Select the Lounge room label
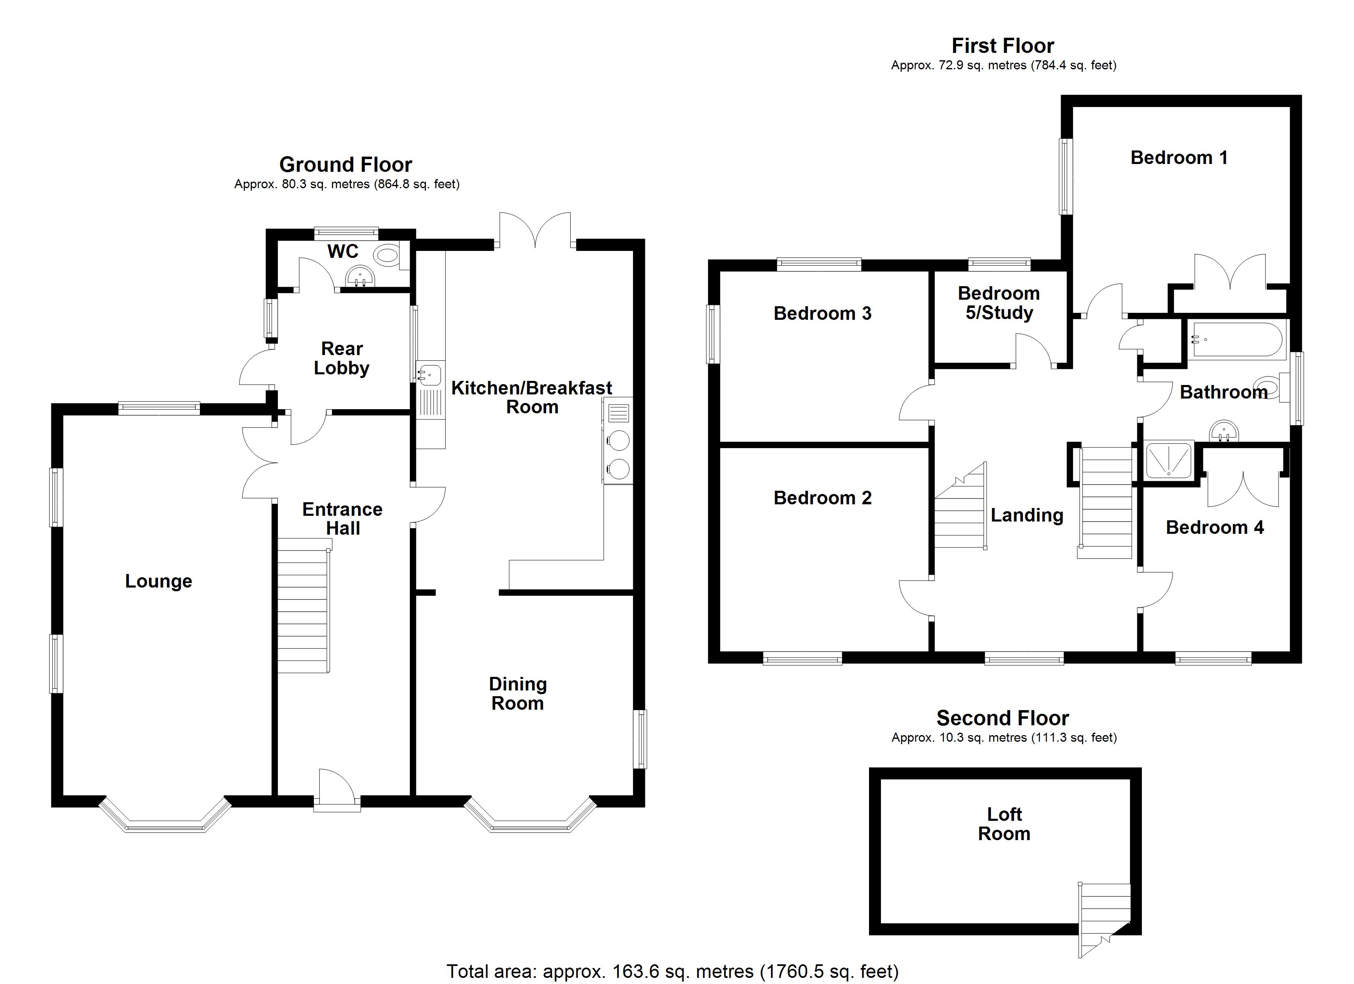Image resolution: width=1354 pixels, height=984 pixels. [x=158, y=581]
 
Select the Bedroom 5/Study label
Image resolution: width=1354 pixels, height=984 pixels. [x=999, y=303]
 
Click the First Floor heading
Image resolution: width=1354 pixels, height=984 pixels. [x=1002, y=46]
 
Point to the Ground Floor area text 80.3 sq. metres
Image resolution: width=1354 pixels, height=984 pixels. [x=346, y=184]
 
